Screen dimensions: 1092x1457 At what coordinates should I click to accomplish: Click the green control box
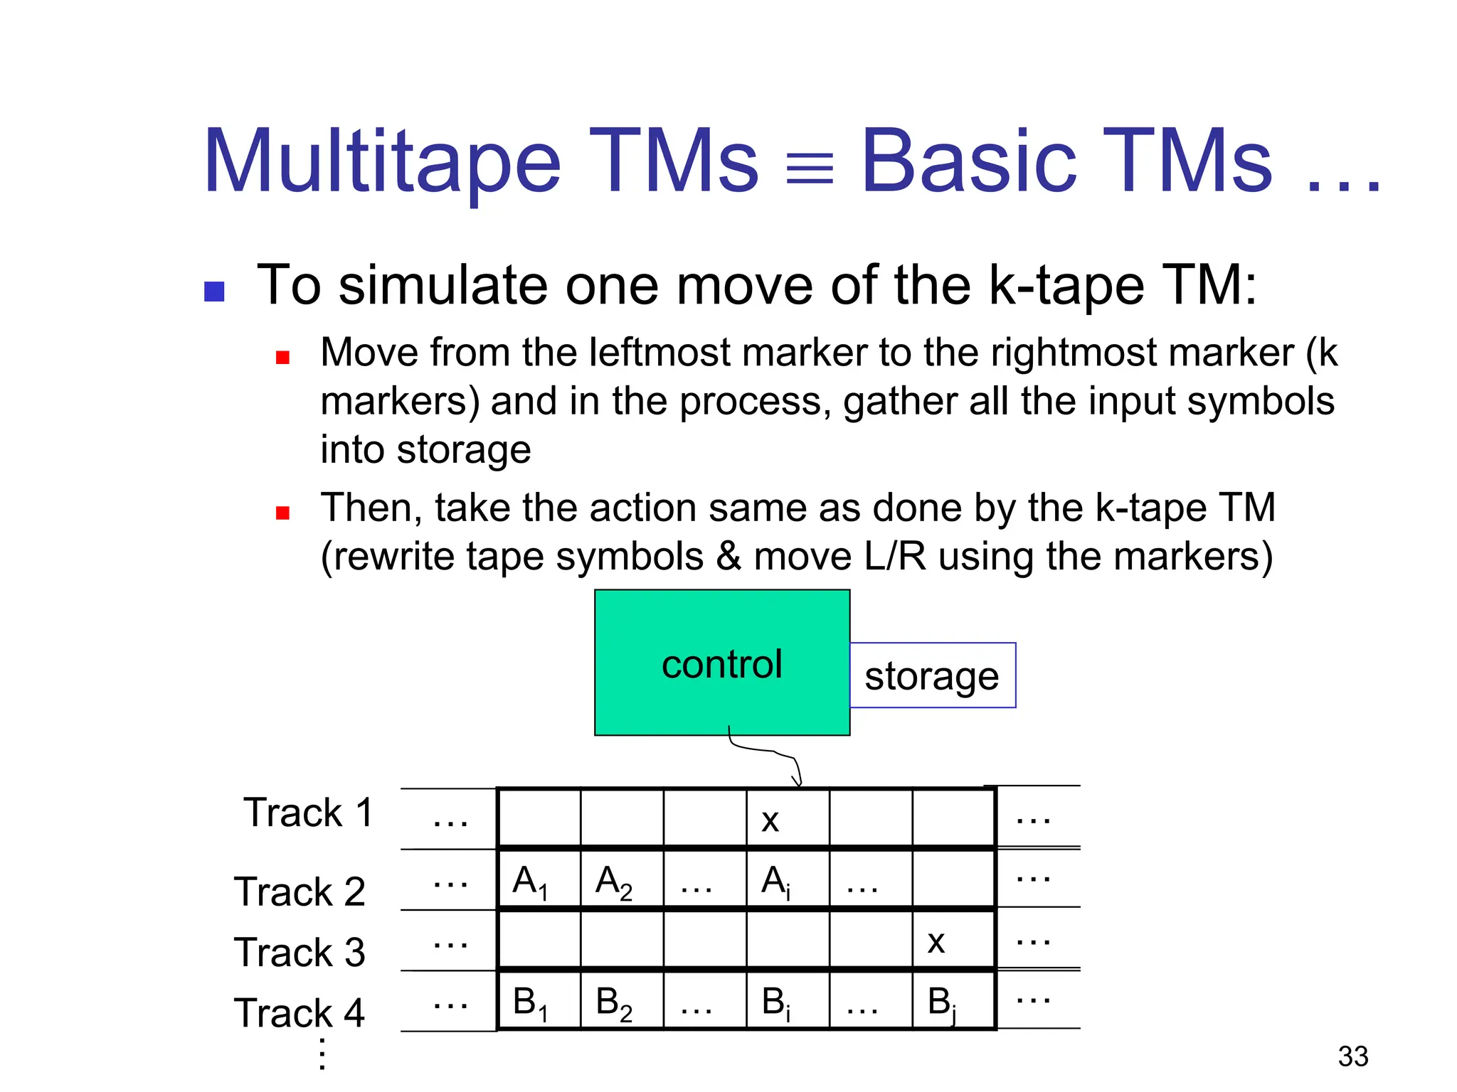[x=721, y=662]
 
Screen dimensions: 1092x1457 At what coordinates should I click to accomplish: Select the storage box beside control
[x=932, y=675]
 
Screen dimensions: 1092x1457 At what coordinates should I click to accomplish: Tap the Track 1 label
[x=308, y=813]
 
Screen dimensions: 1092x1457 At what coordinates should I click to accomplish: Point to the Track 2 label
[x=300, y=892]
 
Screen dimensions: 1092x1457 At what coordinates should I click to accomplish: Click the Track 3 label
[x=300, y=953]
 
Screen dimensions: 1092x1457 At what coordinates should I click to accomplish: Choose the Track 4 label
[x=300, y=1013]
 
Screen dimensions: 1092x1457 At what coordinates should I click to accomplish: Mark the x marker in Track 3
[x=936, y=943]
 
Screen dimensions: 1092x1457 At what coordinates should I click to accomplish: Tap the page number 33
[x=1352, y=1056]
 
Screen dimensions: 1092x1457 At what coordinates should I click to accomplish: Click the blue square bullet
[x=214, y=291]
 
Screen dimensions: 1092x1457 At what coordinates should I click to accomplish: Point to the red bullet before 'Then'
[x=282, y=513]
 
